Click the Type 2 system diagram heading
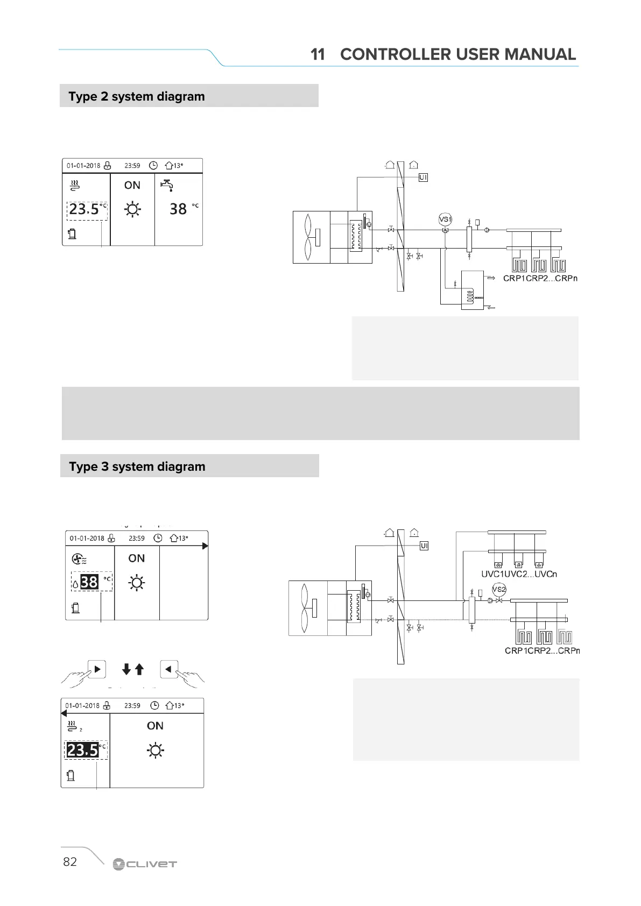[x=137, y=97]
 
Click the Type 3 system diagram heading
[x=137, y=466]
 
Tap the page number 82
[x=70, y=861]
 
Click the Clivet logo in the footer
[x=144, y=864]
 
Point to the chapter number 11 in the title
[x=318, y=54]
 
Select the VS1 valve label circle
[x=445, y=220]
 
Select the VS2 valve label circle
[x=499, y=589]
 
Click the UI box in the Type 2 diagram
[x=423, y=177]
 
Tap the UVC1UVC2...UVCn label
[x=519, y=574]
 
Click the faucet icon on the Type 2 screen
[x=167, y=185]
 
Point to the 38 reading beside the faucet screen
[x=178, y=209]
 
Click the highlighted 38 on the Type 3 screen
[x=89, y=582]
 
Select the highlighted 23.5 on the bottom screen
[x=82, y=749]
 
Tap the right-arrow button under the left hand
[x=97, y=669]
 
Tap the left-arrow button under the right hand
[x=169, y=669]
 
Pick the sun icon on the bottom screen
[x=156, y=750]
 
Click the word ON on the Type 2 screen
[x=132, y=185]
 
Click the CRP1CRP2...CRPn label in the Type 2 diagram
[x=540, y=278]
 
